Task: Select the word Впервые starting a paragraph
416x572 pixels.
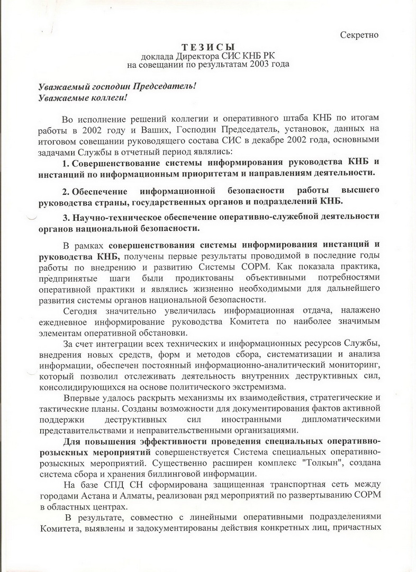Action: point(80,397)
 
